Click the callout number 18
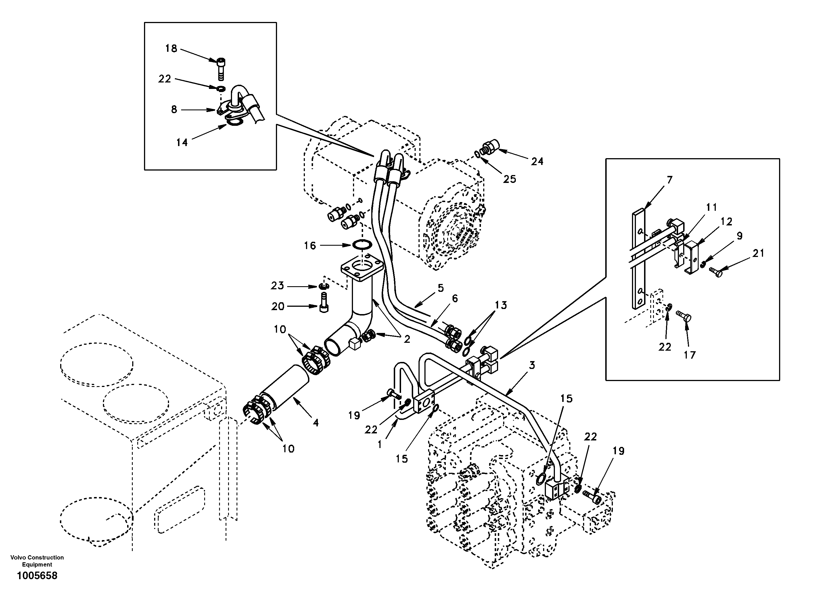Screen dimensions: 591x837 point(171,48)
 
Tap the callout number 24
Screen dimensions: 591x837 point(537,161)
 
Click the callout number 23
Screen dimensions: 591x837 point(277,286)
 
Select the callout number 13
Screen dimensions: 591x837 point(501,305)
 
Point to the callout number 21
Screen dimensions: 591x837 point(758,253)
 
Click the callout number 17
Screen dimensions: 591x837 point(689,355)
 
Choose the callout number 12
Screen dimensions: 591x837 point(726,221)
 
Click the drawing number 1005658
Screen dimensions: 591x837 point(37,576)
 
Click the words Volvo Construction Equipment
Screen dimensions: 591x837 point(37,561)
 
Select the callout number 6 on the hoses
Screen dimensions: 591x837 point(454,298)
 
